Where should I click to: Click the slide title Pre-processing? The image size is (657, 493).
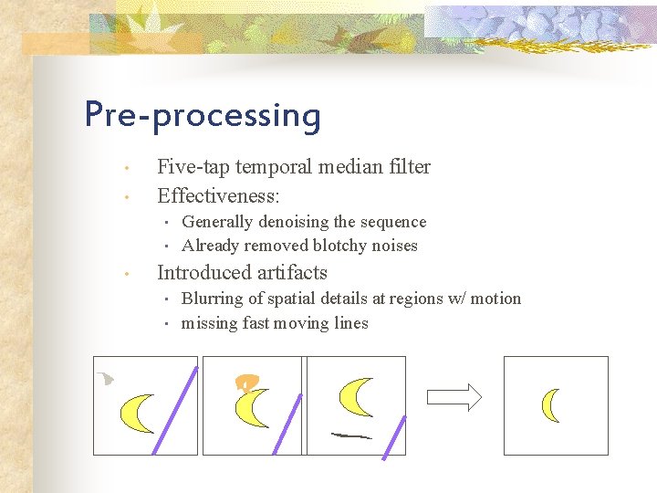[x=203, y=116]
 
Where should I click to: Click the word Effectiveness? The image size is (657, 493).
[x=218, y=195]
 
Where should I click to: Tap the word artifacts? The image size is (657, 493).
[x=293, y=273]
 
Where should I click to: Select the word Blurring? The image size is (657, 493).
[x=211, y=299]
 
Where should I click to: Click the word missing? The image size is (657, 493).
[x=210, y=323]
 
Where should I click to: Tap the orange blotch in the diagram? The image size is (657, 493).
[x=245, y=383]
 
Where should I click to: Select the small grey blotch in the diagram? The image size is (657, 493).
[x=107, y=377]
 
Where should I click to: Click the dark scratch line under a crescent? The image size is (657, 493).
[x=350, y=435]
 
